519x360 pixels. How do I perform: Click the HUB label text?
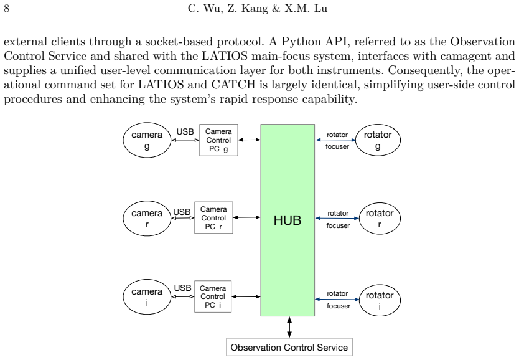coord(288,220)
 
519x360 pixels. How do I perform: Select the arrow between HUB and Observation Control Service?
coord(289,327)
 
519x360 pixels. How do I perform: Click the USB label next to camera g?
coord(185,132)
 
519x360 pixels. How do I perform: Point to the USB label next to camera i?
coord(183,288)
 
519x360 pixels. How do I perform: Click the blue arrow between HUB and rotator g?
coord(335,140)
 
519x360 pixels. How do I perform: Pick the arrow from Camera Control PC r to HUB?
coord(247,217)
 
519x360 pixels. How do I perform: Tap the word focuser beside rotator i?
coord(339,306)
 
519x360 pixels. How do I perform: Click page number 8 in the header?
coord(7,8)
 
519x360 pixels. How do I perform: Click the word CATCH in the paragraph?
coord(233,85)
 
